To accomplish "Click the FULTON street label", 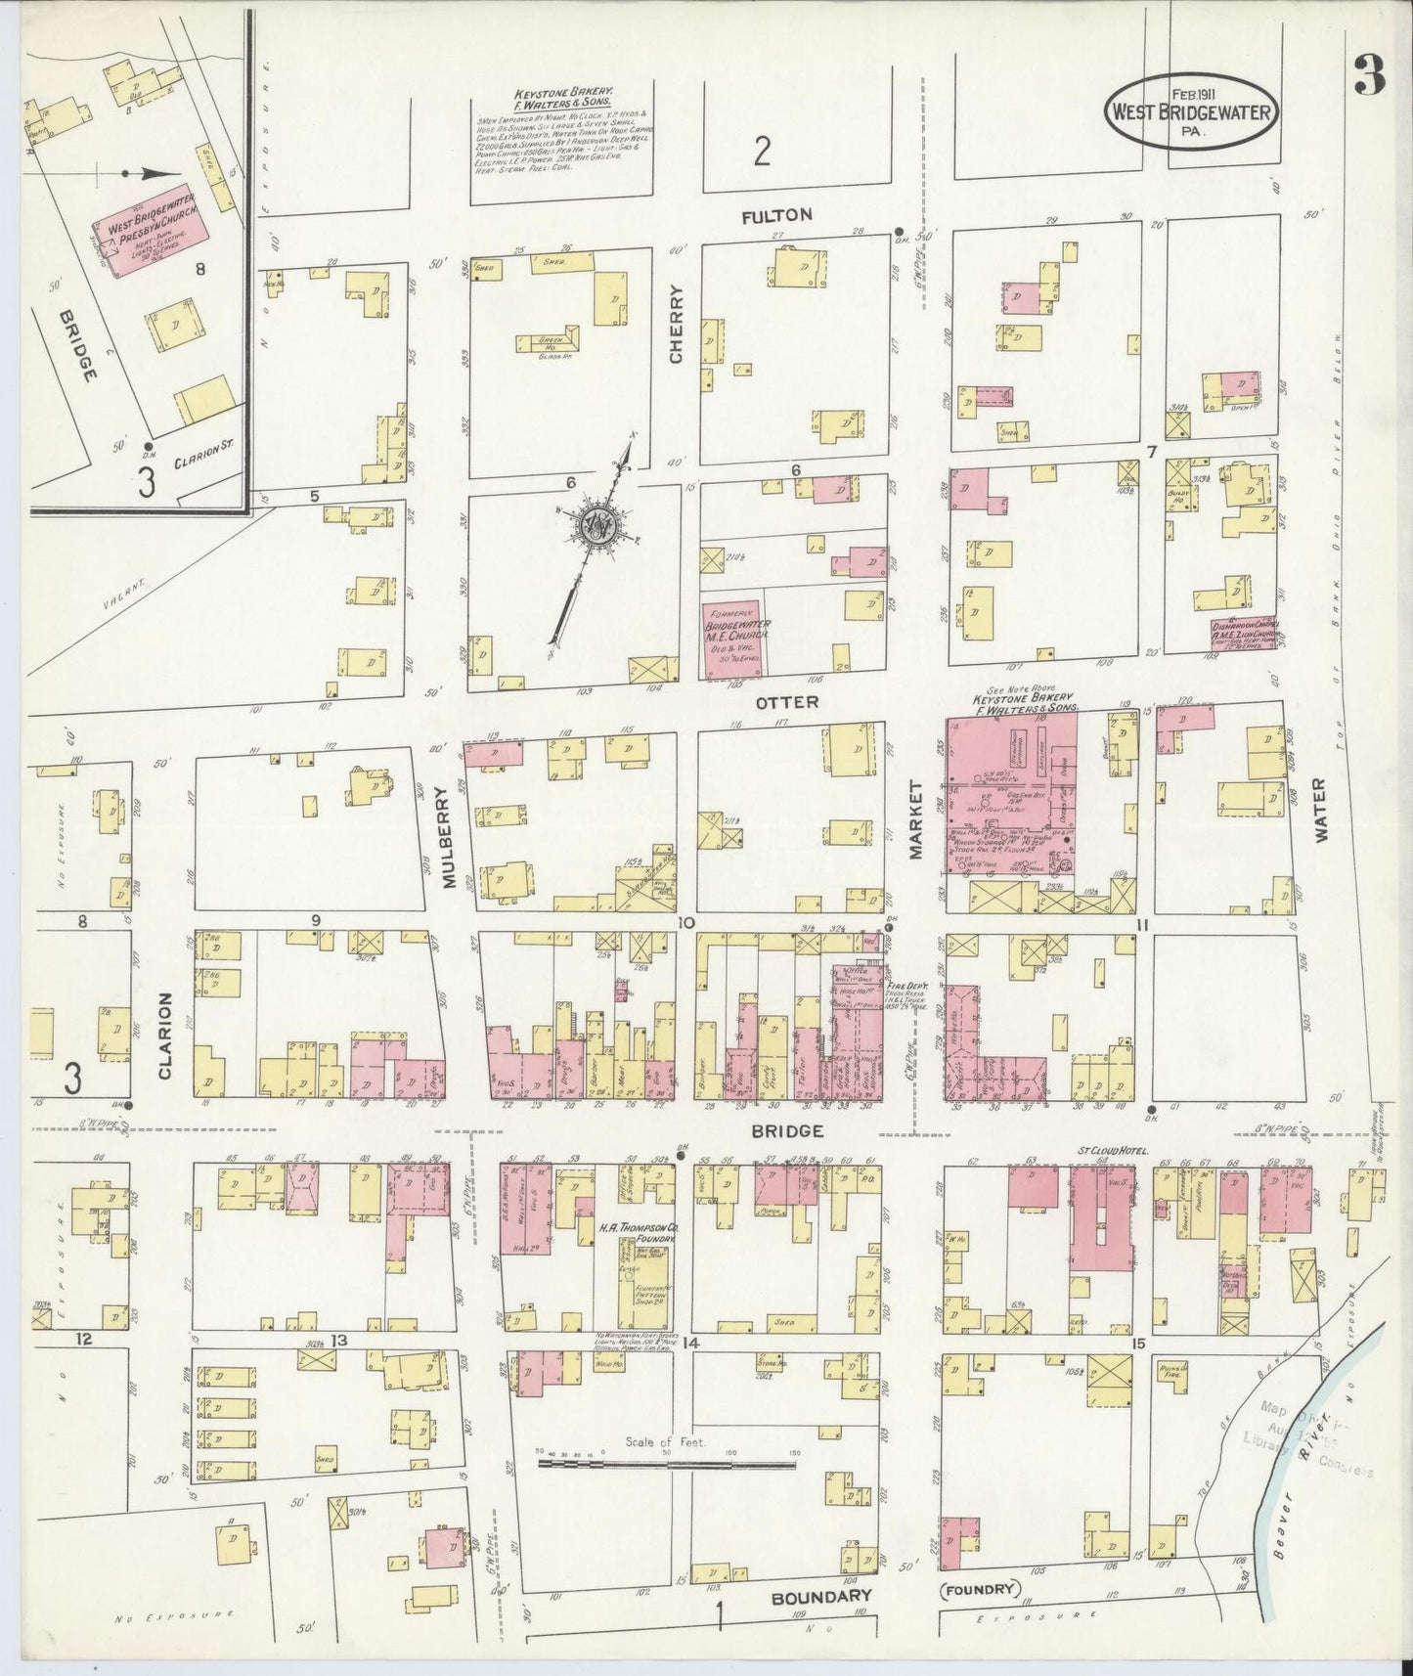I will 777,215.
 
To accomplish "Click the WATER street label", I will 1319,811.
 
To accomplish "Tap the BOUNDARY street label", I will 820,1596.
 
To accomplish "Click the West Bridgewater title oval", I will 1190,111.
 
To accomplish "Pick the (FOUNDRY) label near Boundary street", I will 981,1589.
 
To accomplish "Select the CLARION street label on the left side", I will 164,1036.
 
